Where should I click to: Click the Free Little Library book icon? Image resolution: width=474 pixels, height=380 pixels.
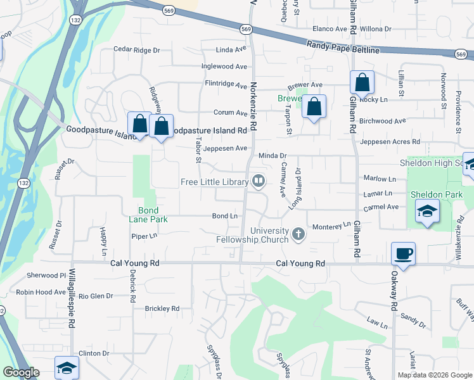coord(259,182)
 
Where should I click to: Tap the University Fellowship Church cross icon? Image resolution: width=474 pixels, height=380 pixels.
coord(298,236)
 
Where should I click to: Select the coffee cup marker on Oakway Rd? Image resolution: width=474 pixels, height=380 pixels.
coord(403,255)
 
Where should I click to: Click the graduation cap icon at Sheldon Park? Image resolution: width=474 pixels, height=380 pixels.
coord(427,211)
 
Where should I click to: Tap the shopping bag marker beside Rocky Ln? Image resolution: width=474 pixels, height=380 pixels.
coord(361,83)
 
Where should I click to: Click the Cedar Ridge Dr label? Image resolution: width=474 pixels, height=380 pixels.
coord(136,49)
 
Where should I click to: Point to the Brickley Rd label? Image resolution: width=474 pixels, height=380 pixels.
coord(162,308)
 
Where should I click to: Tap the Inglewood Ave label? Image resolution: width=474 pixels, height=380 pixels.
coord(224,66)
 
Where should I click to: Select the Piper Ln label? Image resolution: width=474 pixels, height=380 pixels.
coord(144,236)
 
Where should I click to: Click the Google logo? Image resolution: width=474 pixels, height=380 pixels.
coord(20,372)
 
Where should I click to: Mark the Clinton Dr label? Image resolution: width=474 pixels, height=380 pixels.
coord(94,353)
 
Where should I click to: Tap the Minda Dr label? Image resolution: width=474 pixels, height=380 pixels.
coord(273,155)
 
